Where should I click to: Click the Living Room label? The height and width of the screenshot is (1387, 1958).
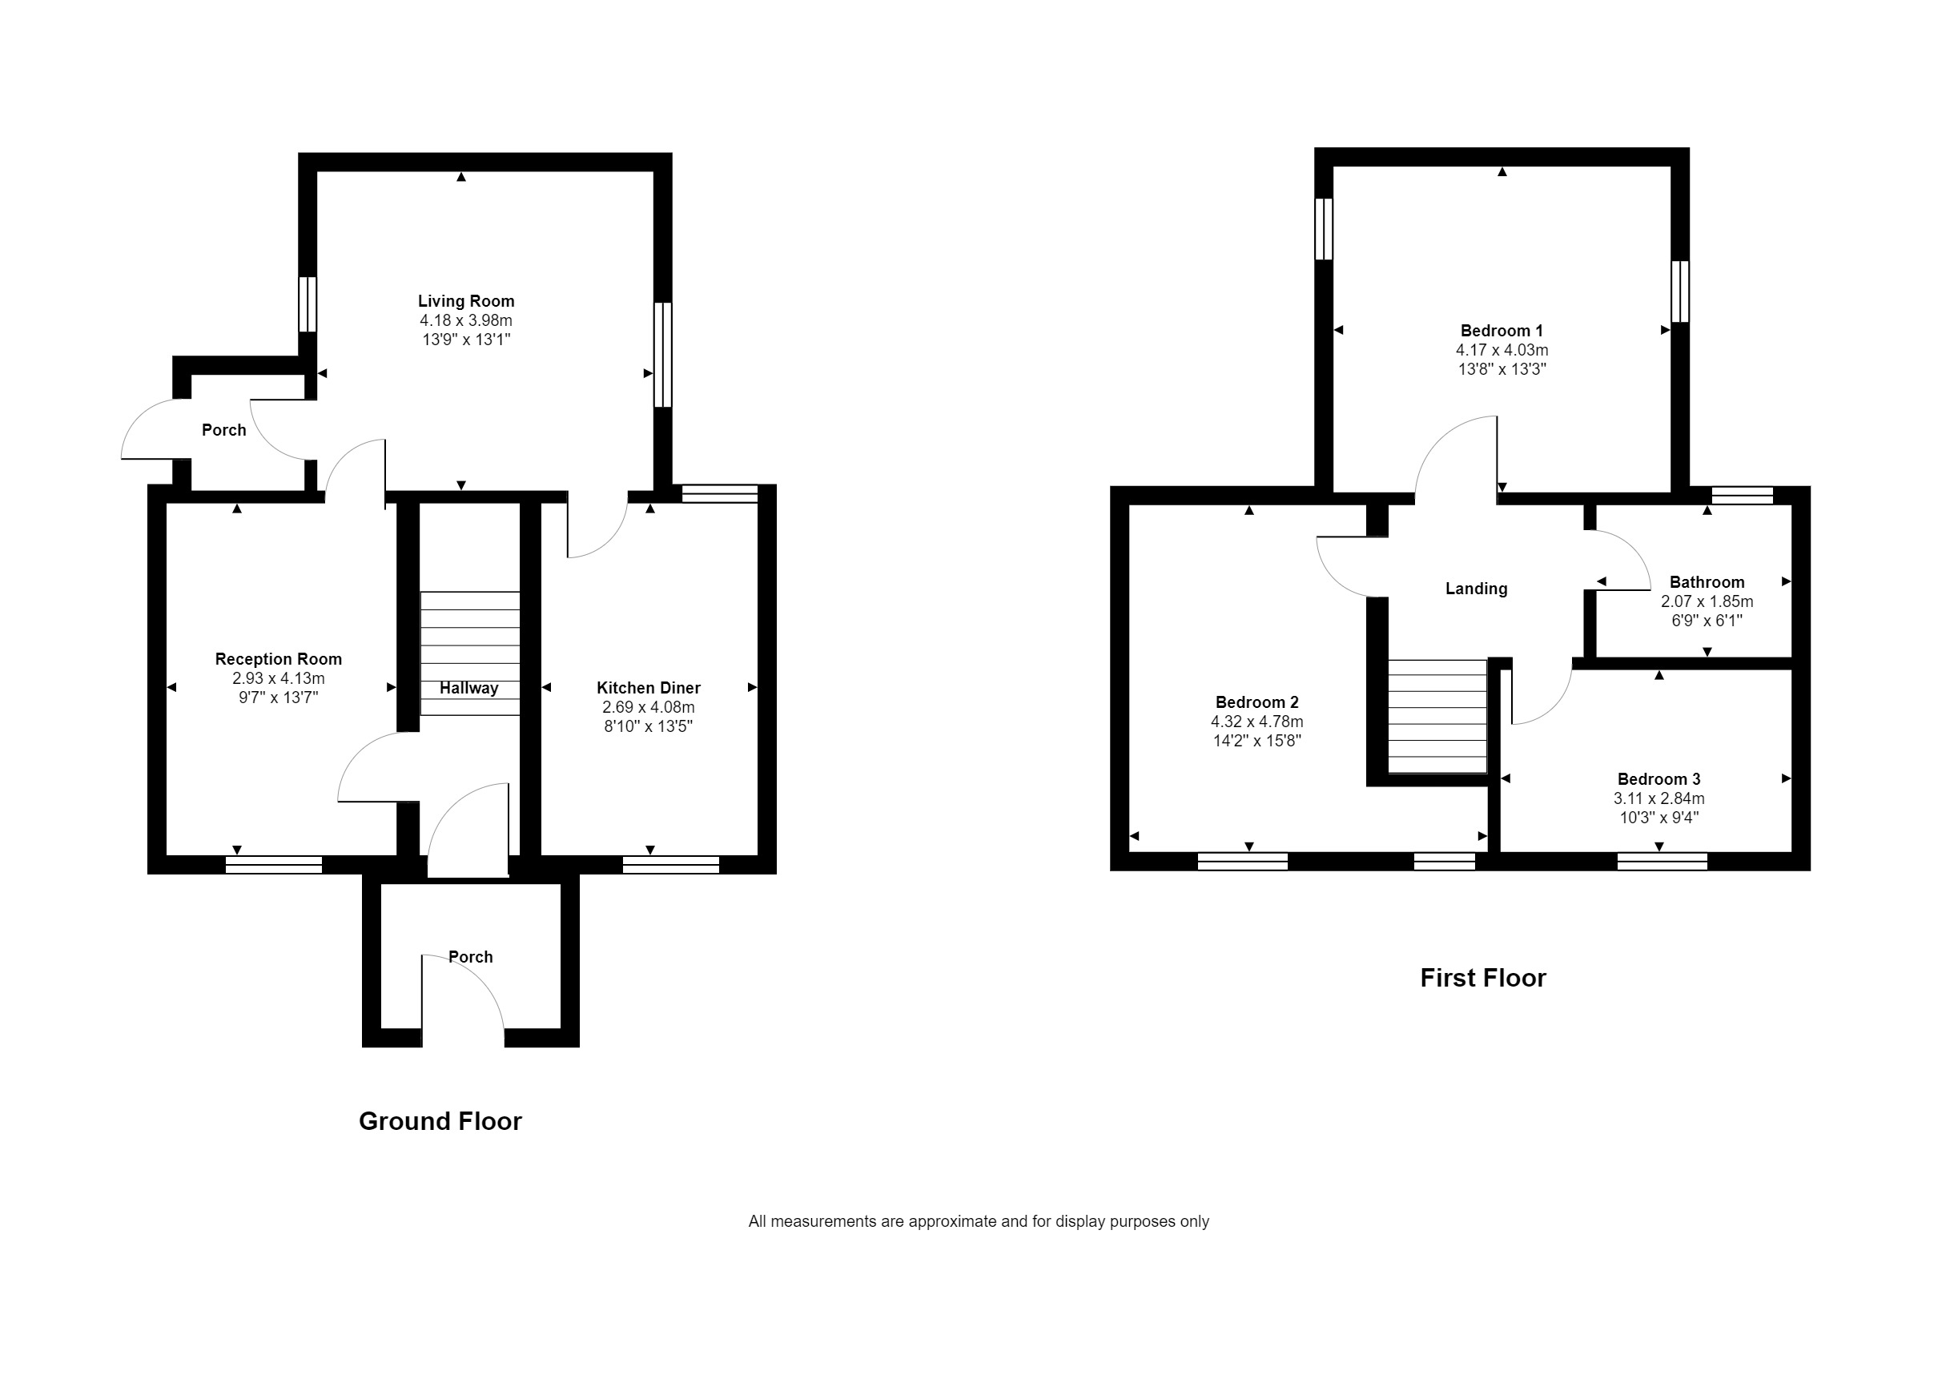(x=465, y=300)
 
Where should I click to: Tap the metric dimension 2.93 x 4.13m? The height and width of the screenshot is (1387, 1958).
(x=279, y=678)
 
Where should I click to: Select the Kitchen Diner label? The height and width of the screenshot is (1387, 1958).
(x=648, y=688)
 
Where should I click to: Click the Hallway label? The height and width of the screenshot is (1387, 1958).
(x=468, y=689)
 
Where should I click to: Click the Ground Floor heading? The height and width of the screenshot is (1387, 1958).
(x=440, y=1120)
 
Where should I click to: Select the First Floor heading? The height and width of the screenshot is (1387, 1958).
(x=1482, y=977)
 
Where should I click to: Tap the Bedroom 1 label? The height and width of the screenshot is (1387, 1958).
(x=1502, y=331)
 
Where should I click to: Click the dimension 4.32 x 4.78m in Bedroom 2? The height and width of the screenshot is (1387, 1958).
(x=1256, y=722)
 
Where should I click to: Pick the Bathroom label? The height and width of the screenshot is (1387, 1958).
(x=1706, y=582)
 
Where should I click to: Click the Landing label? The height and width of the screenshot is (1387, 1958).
(x=1476, y=589)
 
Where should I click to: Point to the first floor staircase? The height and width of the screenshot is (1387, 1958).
(x=1437, y=718)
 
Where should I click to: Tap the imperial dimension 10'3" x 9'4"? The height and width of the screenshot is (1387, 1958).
(x=1658, y=818)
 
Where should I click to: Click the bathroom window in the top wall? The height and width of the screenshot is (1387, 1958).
(x=1742, y=496)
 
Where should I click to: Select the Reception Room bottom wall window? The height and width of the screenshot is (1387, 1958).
(x=273, y=864)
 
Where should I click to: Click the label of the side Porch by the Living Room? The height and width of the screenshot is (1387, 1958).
(x=223, y=429)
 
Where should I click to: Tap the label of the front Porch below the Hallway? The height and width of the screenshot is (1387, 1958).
(x=471, y=956)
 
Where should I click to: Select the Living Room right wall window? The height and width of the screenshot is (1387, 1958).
(x=662, y=355)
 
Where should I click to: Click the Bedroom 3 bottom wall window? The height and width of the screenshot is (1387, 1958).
(x=1662, y=861)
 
